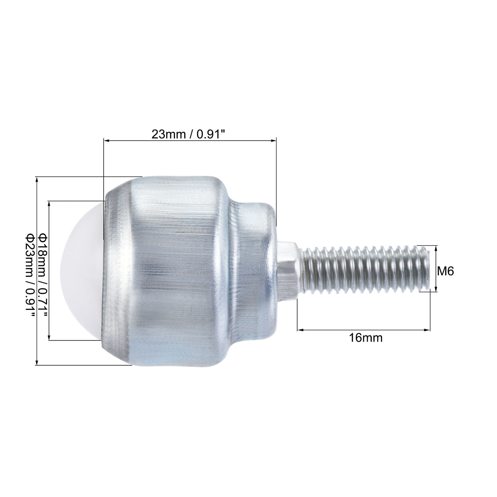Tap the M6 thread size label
[x=446, y=271]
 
